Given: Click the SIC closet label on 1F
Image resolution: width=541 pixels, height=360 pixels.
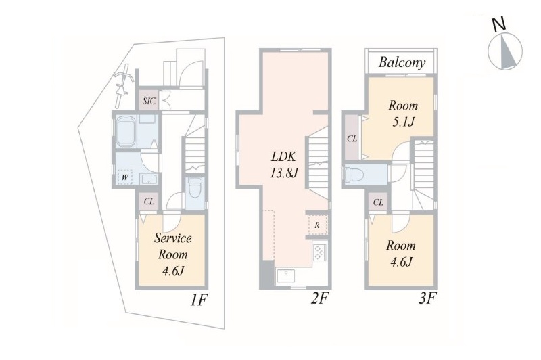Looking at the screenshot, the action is pos(149,101).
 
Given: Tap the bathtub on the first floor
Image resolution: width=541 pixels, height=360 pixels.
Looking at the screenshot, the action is pos(126,131).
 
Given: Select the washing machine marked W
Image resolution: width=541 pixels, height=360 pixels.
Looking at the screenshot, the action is pos(126,178).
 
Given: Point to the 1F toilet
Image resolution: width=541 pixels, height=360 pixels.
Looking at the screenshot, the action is pos(195,188).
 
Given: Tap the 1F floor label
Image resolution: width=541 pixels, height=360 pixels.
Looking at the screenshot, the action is pos(198,300).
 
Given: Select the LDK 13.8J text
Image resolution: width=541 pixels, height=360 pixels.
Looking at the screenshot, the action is pos(284,165).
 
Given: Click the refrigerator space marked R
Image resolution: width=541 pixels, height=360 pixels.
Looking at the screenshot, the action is pos(316,225).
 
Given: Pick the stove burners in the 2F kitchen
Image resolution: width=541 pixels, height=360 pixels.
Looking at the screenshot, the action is pos(319,252).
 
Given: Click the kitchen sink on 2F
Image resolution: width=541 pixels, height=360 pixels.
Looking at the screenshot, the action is pos(286,276).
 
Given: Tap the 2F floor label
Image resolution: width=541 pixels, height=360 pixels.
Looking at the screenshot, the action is pos(319,298).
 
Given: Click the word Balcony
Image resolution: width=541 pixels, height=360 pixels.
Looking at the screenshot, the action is pos(402,62).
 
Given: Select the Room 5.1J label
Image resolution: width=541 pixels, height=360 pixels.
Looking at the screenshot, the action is pos(403,114).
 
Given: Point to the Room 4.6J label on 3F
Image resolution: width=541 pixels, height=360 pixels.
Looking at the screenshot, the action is pos(401,254).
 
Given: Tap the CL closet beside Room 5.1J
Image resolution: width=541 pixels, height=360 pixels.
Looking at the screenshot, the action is pos(352,139).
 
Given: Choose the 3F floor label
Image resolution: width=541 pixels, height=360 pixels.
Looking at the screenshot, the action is pos(427,298).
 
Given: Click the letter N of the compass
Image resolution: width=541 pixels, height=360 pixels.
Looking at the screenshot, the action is pos(498,24).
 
